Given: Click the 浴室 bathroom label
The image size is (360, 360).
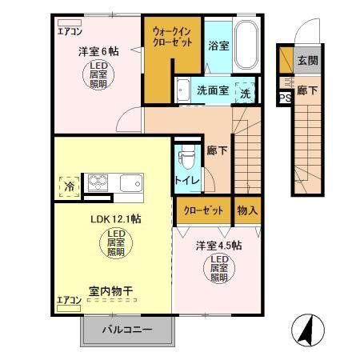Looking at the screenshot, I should click(x=218, y=45).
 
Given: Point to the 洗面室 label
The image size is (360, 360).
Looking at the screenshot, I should click(x=213, y=90).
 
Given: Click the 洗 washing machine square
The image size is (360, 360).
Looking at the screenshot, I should click(x=247, y=92).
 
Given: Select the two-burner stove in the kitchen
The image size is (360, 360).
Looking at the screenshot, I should click(x=98, y=183).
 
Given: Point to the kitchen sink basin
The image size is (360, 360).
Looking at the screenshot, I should click(x=130, y=184).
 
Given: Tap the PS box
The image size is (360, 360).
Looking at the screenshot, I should click(x=284, y=98).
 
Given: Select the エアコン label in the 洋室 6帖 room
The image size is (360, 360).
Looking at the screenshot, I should click(x=69, y=33).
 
